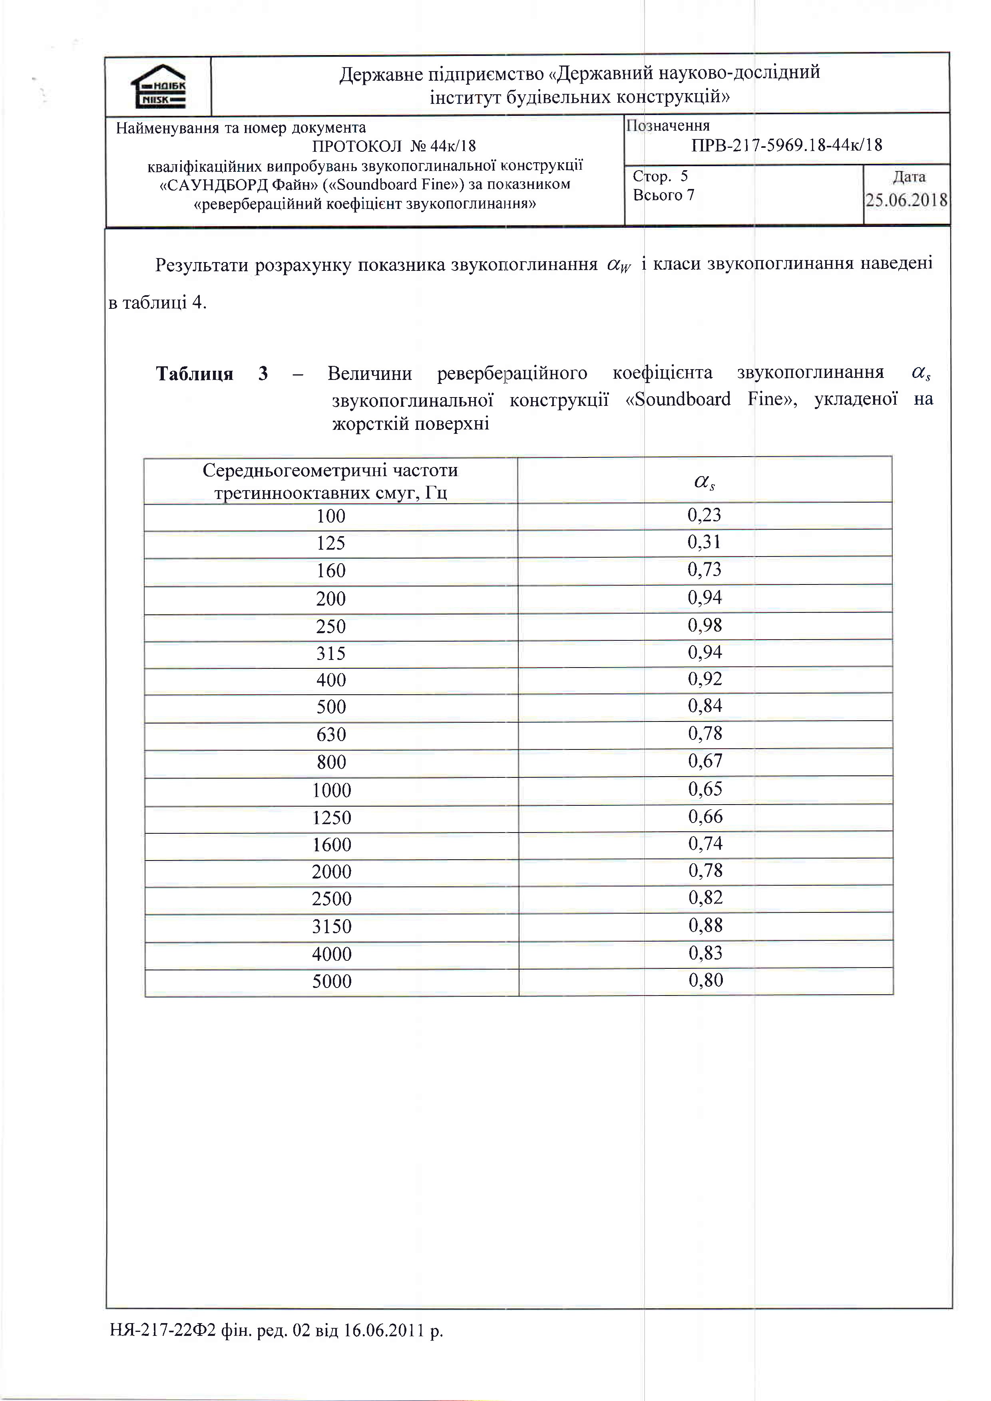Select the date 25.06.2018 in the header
pyautogui.click(x=907, y=200)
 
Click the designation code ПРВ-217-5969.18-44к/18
pyautogui.click(x=786, y=145)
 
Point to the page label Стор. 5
pyautogui.click(x=660, y=176)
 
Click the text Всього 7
pyautogui.click(x=663, y=195)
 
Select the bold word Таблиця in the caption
pyautogui.click(x=195, y=374)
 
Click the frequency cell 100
pyautogui.click(x=331, y=516)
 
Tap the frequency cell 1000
pyautogui.click(x=331, y=790)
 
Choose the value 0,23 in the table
pyautogui.click(x=704, y=515)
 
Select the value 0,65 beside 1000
pyautogui.click(x=705, y=789)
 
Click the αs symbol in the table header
pyautogui.click(x=704, y=482)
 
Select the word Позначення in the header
pyautogui.click(x=668, y=126)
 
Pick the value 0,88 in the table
pyautogui.click(x=705, y=925)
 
